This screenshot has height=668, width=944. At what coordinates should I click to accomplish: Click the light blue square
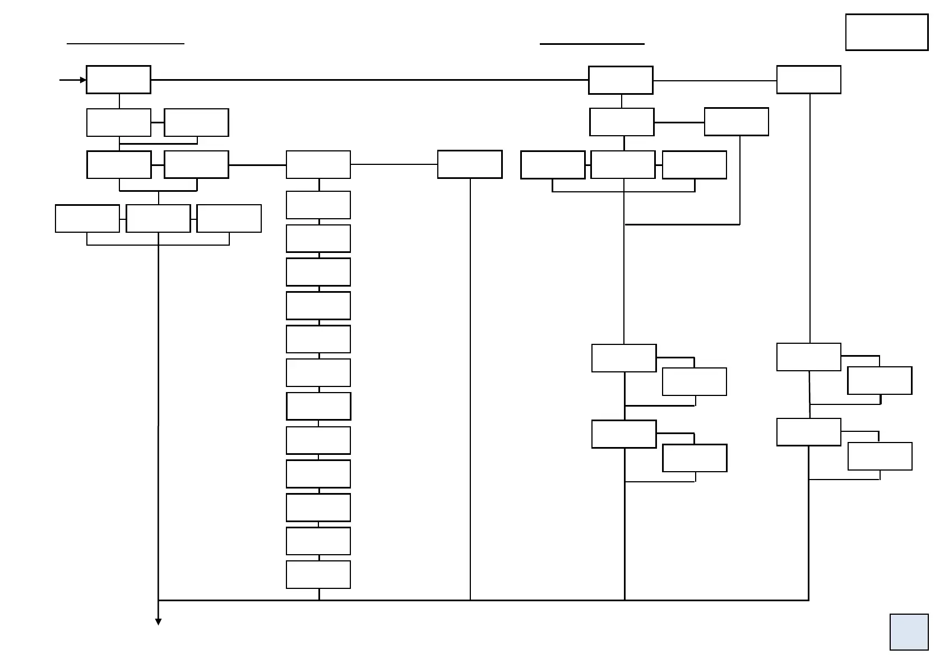coord(909,632)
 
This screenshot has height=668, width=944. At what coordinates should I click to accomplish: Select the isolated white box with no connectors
coord(886,33)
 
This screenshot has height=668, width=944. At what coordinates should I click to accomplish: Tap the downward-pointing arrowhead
coord(159,621)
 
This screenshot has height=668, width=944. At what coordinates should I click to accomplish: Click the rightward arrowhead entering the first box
coord(83,80)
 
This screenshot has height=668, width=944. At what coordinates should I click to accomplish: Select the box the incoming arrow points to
coord(118,80)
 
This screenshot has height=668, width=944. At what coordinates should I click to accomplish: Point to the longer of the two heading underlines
coord(126,43)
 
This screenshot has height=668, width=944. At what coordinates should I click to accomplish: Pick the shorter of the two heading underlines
coord(592,43)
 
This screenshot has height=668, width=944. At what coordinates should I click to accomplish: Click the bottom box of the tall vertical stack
coord(318,574)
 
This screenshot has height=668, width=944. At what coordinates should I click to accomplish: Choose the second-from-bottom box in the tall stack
coord(318,541)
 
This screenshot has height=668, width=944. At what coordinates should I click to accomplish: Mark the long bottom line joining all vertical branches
coord(482,600)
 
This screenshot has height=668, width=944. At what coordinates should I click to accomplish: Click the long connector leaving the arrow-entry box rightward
coord(370,80)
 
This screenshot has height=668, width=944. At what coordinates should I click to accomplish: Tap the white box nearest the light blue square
coord(880,456)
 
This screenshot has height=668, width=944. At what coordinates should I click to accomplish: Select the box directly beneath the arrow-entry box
coord(119,122)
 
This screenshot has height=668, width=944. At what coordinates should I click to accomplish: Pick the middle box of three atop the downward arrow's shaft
coord(158,218)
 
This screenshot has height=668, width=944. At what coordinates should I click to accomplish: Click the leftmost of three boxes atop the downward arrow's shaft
coord(87,218)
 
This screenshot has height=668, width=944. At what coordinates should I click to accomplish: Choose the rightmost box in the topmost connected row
coord(808,80)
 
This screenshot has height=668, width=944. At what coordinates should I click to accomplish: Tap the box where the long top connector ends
coord(621,80)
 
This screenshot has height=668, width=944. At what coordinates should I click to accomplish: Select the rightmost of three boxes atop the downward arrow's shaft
coord(229,218)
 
